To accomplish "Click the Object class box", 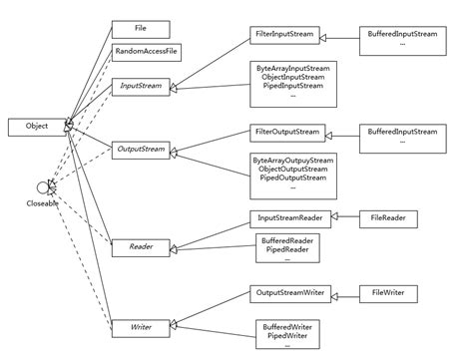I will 36,127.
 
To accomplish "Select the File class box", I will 141,29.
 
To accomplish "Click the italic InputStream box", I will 141,86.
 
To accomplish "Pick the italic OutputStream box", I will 141,150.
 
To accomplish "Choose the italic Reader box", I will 141,245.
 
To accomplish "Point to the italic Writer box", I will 141,326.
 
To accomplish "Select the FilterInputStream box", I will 284,35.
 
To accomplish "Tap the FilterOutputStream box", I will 285,132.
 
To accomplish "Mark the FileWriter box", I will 389,293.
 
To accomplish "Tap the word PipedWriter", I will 286,335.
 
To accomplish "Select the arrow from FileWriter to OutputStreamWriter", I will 342,293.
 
